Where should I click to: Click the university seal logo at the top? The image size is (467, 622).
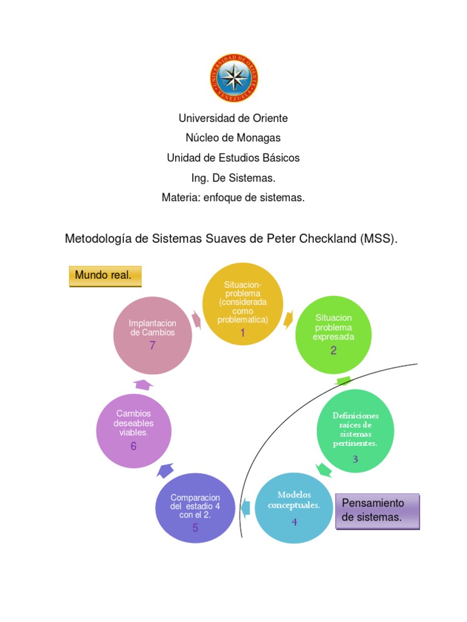point(233,78)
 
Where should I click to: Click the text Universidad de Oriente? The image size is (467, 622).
point(233,118)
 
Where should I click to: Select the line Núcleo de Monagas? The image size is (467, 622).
point(233,138)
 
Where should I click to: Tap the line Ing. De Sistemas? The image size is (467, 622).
point(233,177)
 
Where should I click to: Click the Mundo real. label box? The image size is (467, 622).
point(105,276)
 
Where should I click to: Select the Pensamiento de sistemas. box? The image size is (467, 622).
point(377,510)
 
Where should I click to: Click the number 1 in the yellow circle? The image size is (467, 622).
point(243,333)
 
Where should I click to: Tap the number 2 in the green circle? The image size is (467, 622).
point(333,350)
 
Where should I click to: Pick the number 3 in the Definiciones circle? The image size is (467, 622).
point(355,459)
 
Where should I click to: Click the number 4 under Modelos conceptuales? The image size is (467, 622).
point(294,521)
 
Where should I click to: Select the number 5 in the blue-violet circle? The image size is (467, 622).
point(195,527)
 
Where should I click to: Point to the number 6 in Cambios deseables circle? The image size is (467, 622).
point(133,446)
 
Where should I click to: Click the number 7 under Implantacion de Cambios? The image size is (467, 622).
point(153,346)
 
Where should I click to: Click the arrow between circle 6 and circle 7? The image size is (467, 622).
point(144,384)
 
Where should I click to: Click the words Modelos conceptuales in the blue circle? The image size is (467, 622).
point(294,499)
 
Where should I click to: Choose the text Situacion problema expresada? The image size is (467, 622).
point(333,327)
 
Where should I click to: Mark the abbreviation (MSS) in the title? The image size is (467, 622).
point(378,239)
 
